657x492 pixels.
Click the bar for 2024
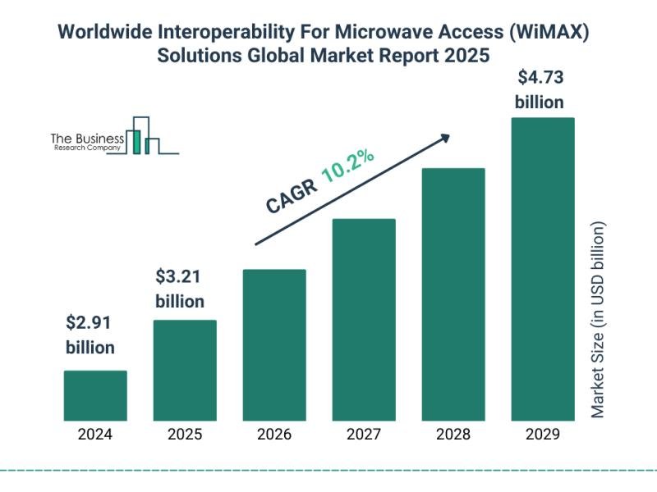[95, 395]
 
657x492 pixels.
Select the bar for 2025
[186, 370]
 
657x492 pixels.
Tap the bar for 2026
[274, 344]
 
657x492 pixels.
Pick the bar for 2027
[364, 319]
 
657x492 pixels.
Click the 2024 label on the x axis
[95, 435]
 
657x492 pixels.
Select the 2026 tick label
[274, 435]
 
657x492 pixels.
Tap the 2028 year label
[453, 435]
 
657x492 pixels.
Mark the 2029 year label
[543, 435]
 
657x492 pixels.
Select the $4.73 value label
[540, 79]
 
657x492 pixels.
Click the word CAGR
[290, 195]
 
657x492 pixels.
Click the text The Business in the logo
[87, 139]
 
